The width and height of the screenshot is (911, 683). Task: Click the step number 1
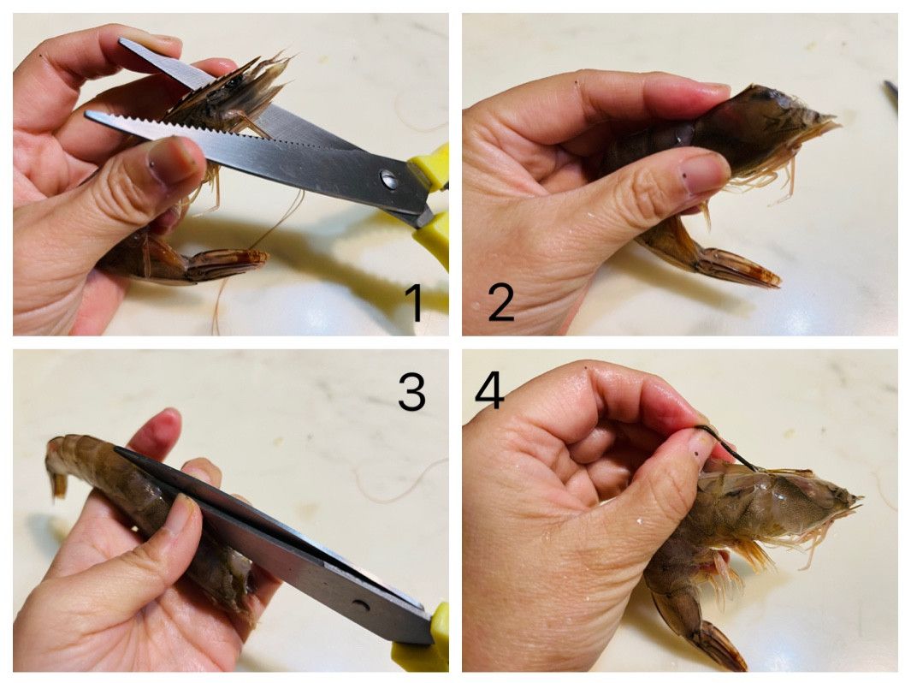click(414, 302)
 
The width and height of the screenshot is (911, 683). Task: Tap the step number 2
click(500, 302)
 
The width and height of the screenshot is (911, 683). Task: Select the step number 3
click(412, 391)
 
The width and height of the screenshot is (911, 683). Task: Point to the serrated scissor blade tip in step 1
click(86, 114)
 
